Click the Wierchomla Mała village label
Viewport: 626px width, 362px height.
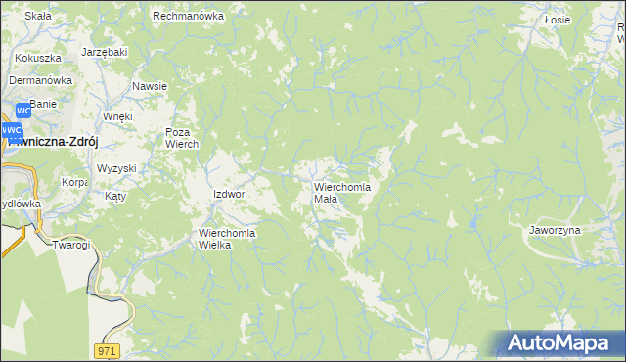point(341,192)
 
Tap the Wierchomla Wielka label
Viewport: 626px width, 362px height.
point(227,239)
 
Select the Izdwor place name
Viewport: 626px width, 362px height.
point(228,194)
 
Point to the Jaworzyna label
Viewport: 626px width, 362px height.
point(555,230)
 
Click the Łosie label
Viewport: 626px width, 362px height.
point(558,19)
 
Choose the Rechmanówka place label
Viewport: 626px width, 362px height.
point(189,16)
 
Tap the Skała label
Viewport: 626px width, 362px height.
point(37,17)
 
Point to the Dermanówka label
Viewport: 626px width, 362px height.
point(42,80)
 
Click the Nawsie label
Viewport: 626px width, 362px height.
point(150,86)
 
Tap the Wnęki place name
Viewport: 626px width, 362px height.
point(117,116)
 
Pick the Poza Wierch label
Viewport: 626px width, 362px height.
point(181,138)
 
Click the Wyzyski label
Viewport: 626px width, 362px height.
point(116,168)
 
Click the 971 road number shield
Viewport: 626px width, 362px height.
point(108,349)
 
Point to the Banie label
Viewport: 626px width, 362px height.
point(43,103)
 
